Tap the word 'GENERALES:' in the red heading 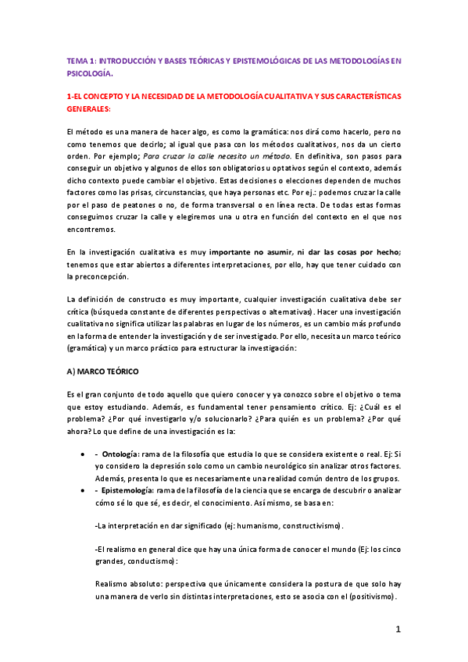point(90,109)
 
